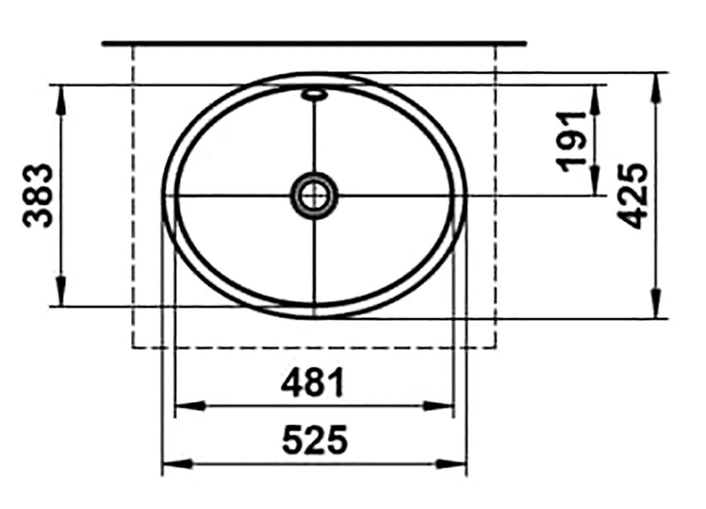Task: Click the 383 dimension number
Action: coord(38,196)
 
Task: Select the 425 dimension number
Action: coord(633,196)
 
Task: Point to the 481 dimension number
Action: coord(313,382)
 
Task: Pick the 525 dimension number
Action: coord(315,439)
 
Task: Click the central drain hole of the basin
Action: coord(315,196)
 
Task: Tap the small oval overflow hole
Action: coord(314,95)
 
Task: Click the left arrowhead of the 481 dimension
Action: coord(190,406)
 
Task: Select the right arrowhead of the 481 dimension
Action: coord(438,406)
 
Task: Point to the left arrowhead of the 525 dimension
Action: coord(177,463)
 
